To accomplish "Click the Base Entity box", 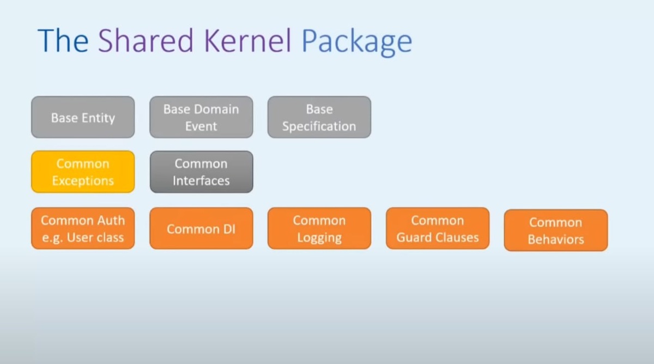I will click(83, 117).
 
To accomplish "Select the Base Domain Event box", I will click(201, 117).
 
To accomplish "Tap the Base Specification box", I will click(319, 117).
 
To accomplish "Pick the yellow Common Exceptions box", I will click(83, 172).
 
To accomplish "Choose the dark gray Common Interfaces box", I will click(201, 172).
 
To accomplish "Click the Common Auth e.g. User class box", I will click(83, 228).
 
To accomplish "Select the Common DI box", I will click(201, 228).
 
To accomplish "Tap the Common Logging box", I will click(319, 228).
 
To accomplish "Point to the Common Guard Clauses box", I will click(437, 228).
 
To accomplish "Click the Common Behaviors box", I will click(555, 230).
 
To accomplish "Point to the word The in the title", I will click(63, 41).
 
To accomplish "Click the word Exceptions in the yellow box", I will click(83, 181).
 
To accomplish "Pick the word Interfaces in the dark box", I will click(201, 181).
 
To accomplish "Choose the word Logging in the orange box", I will click(319, 238).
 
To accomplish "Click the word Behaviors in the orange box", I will click(555, 240).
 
